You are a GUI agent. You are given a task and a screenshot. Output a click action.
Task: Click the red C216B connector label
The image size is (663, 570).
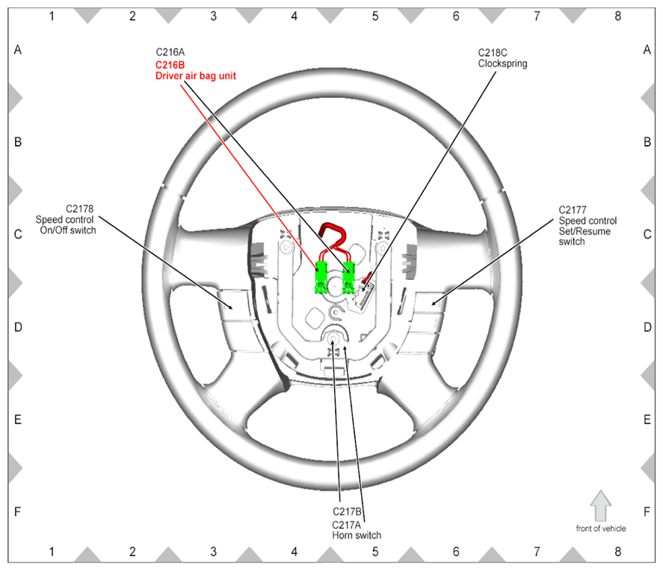tap(170, 65)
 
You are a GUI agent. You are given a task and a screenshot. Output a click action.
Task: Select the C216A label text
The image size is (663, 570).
tap(170, 52)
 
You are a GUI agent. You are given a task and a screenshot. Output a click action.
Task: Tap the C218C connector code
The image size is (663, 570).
tap(493, 53)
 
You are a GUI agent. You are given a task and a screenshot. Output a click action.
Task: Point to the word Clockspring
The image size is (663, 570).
tap(503, 64)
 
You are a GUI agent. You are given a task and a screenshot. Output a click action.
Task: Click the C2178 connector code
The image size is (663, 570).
tap(79, 209)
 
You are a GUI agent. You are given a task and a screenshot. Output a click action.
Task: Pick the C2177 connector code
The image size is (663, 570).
tap(573, 210)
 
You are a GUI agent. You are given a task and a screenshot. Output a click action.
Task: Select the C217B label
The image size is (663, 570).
tap(347, 512)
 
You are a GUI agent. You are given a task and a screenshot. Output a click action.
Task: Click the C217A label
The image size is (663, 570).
tap(346, 524)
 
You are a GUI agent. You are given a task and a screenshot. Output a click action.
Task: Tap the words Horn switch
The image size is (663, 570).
tap(357, 536)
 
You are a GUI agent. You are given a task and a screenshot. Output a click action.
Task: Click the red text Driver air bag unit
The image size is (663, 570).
tap(196, 76)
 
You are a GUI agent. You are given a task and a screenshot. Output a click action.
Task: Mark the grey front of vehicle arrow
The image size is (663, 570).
tap(600, 506)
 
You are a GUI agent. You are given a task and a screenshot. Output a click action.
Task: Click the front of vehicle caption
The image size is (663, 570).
tap(601, 529)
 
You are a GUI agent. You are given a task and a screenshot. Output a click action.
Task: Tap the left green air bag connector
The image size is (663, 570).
tap(321, 278)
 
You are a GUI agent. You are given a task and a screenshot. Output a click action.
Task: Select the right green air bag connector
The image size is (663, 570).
tap(348, 278)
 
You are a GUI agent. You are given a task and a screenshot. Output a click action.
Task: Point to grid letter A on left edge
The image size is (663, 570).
tap(18, 50)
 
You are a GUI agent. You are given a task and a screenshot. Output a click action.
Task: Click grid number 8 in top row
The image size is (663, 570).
tap(617, 16)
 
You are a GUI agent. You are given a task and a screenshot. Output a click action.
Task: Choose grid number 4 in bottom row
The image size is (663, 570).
tap(295, 552)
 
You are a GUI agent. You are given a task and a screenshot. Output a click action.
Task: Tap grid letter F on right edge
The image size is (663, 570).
tap(647, 512)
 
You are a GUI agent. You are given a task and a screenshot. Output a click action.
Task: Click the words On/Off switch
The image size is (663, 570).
tap(68, 230)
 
